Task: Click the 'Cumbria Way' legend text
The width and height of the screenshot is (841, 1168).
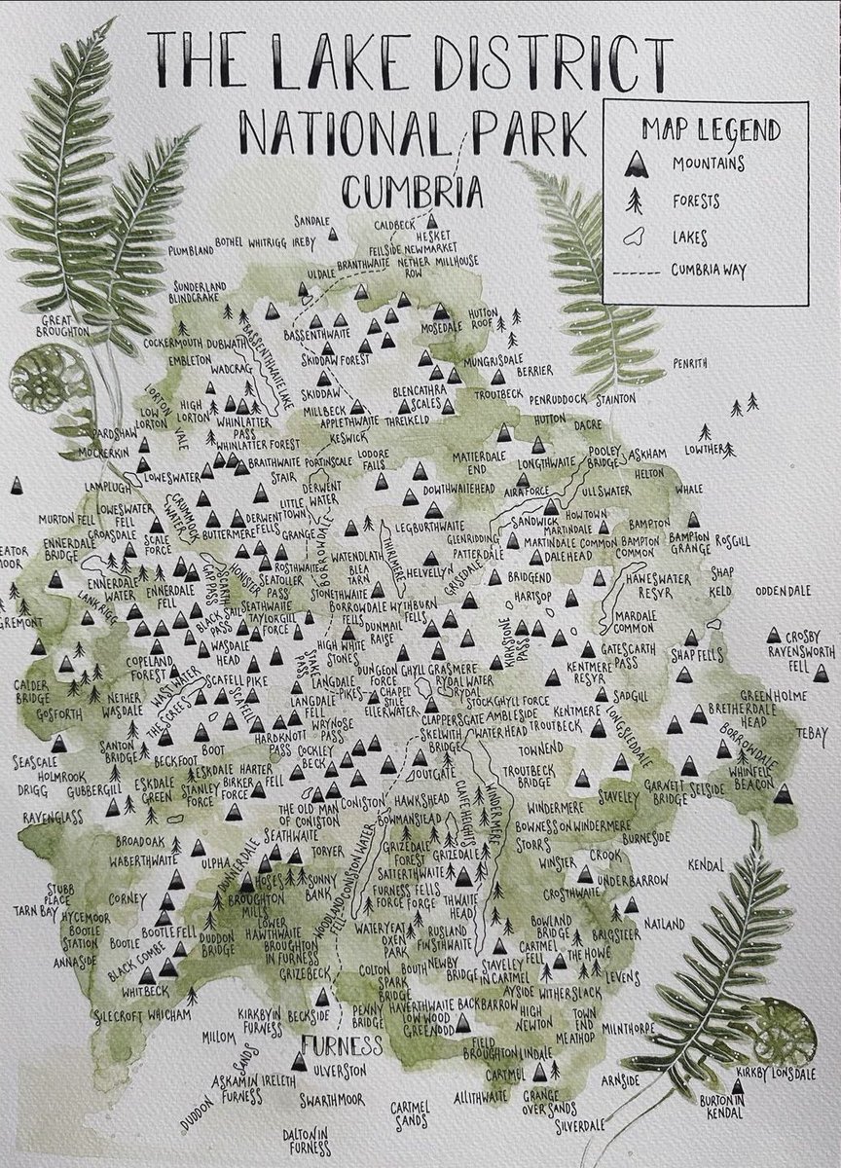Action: tap(708, 271)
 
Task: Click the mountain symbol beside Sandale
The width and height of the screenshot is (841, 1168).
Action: tap(333, 234)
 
